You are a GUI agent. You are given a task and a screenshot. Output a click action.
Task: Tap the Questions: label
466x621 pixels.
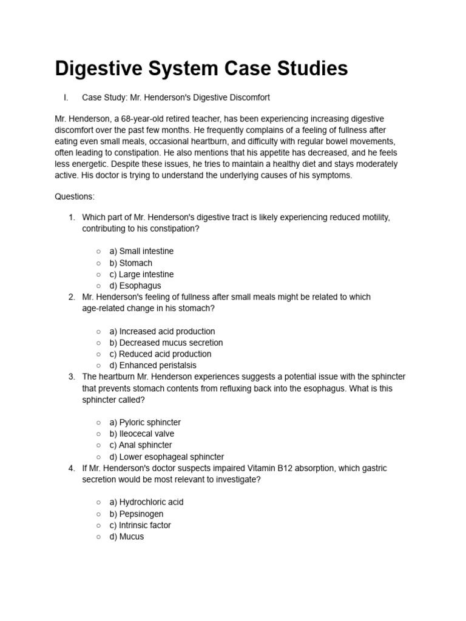(75, 197)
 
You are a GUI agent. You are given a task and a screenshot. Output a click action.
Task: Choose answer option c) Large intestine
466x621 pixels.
(141, 274)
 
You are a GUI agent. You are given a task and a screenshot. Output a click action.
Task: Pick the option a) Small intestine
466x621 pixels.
(141, 251)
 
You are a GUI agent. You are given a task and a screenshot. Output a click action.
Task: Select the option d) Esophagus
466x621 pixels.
(135, 286)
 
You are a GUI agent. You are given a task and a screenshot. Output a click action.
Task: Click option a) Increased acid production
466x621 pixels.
(162, 331)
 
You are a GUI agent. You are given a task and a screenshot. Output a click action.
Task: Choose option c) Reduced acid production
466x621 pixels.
(160, 354)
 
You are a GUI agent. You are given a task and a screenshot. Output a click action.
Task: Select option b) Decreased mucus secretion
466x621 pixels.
(166, 343)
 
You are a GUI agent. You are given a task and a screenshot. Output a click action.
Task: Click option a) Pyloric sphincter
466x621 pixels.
(145, 422)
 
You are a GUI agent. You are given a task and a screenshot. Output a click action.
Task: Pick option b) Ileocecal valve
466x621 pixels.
(141, 434)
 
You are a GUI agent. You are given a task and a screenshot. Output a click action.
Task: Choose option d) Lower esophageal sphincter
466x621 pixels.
(166, 457)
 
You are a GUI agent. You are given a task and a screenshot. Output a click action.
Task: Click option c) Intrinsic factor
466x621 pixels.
(140, 525)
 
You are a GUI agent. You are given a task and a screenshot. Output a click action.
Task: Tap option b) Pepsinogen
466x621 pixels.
(136, 514)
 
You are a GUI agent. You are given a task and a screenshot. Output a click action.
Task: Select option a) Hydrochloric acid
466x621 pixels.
(146, 502)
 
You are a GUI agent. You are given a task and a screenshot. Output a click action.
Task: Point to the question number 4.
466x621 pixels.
(72, 468)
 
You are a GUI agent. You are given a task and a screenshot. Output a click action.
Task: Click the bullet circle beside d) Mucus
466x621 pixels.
(98, 537)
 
